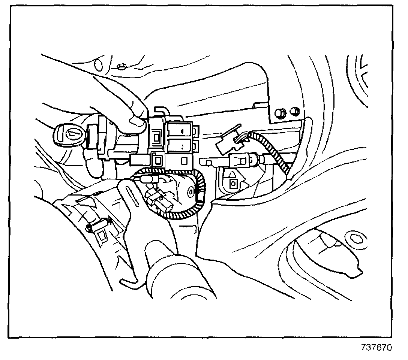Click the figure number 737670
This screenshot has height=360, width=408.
pyautogui.click(x=377, y=347)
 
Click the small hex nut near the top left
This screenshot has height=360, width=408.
pyautogui.click(x=121, y=67)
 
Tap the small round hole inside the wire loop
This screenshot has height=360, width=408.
pyautogui.click(x=191, y=193)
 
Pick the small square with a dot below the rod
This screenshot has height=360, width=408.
pyautogui.click(x=233, y=183)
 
